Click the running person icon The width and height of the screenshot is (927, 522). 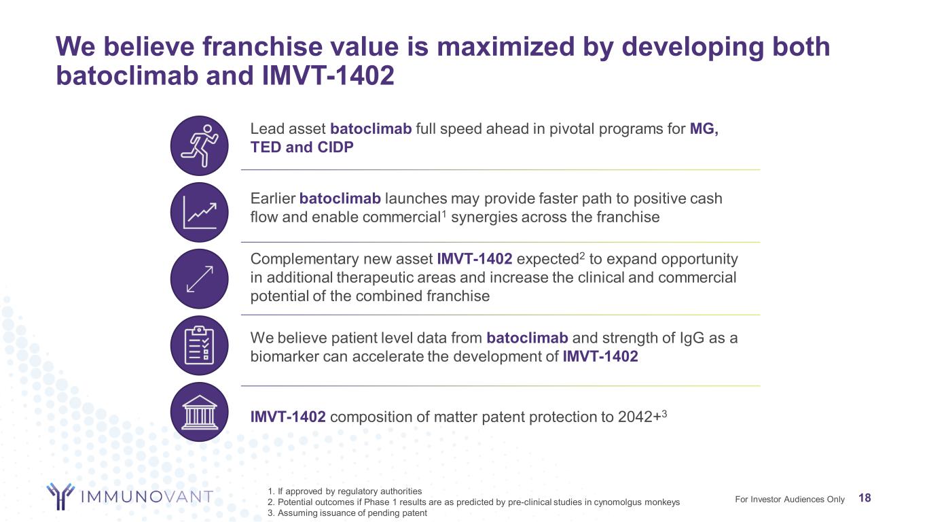(x=200, y=146)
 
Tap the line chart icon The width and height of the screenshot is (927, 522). (x=200, y=212)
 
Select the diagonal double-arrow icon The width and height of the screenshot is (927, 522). (x=200, y=279)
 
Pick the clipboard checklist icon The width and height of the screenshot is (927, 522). (x=200, y=345)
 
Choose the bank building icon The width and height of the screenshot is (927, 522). (x=200, y=411)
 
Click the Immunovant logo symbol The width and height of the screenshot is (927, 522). (x=60, y=496)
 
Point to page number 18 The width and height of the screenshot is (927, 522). (x=865, y=499)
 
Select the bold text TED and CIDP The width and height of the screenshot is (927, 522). (x=302, y=147)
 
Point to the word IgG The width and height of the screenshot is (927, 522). (x=695, y=338)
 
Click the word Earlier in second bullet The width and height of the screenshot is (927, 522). (x=272, y=198)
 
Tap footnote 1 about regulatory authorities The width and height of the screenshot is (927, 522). (x=346, y=491)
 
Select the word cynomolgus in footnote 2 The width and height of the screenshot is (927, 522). (x=611, y=502)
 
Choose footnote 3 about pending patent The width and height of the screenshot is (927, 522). (x=348, y=513)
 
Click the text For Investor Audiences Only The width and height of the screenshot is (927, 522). (x=790, y=500)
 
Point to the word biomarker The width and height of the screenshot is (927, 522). (x=283, y=356)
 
